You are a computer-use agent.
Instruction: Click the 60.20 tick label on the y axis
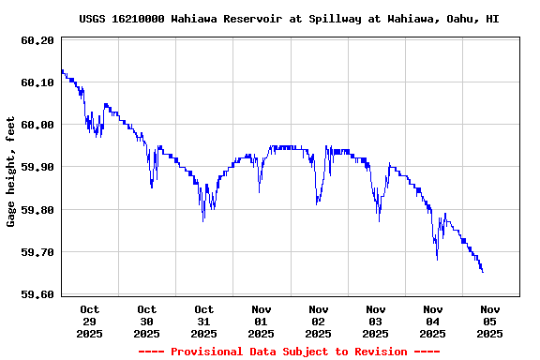coord(37,40)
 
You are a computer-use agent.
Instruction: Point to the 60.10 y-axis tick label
coord(37,82)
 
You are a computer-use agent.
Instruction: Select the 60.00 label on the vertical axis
coord(37,125)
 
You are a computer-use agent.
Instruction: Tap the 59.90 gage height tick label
coord(37,167)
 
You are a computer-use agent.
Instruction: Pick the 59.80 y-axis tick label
coord(37,210)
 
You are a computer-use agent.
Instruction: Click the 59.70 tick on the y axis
coord(37,252)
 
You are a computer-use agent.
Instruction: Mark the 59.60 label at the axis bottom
coord(37,294)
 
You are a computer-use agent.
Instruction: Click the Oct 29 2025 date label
coord(90,321)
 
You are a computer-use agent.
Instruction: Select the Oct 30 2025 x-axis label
coord(147,321)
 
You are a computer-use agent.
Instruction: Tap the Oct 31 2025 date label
coord(204,321)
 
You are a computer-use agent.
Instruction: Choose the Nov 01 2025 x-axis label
coord(262,321)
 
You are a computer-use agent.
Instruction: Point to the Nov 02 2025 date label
coord(319,321)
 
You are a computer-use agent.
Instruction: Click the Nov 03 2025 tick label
coord(376,321)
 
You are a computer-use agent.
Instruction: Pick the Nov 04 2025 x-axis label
coord(433,321)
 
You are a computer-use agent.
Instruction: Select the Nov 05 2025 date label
coord(489,321)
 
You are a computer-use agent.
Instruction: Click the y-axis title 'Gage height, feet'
coord(11,172)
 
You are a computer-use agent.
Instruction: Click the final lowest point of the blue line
coord(483,272)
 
